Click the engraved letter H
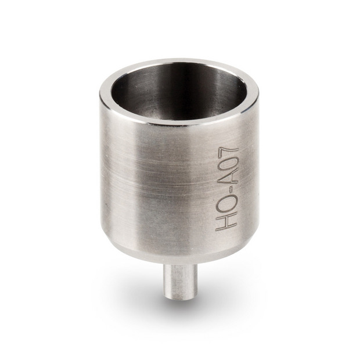(227, 222)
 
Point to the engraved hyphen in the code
(227, 189)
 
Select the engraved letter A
(227, 175)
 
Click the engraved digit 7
(227, 144)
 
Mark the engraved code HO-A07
(227, 183)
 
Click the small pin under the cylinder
(180, 281)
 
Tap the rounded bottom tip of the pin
(180, 296)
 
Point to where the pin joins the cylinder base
(180, 265)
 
